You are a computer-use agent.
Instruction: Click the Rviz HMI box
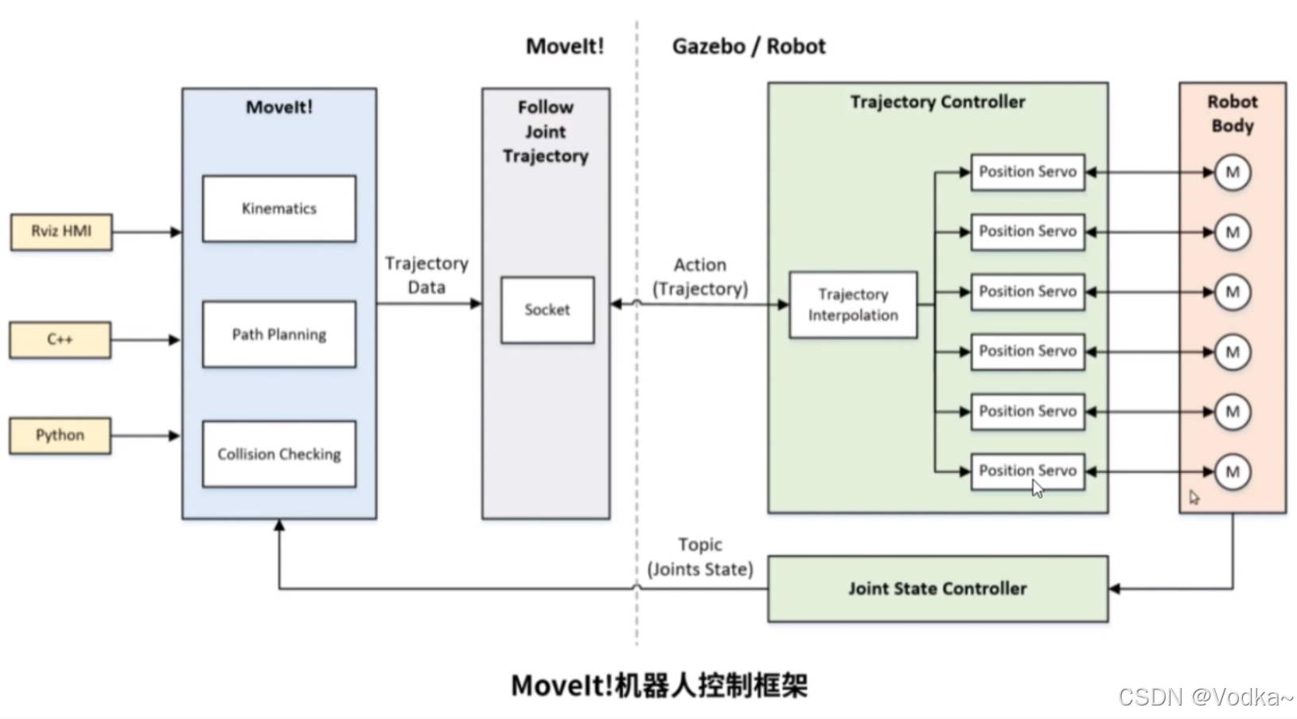pos(61,232)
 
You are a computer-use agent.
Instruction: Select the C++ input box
pos(60,340)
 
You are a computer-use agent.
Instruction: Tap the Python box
pos(60,436)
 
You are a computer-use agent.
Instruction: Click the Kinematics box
pos(279,209)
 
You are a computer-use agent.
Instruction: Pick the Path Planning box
pos(279,334)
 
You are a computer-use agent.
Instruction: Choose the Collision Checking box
pos(279,454)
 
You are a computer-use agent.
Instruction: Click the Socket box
pos(547,310)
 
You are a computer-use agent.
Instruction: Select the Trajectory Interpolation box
pos(853,305)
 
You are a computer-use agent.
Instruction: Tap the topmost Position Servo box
pos(1027,172)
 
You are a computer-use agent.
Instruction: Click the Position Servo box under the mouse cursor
pos(1027,471)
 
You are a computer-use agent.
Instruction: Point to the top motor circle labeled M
pos(1233,172)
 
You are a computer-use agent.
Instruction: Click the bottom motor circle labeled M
pos(1233,471)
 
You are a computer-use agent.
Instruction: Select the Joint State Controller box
pos(937,588)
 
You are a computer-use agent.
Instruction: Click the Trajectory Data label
pos(426,275)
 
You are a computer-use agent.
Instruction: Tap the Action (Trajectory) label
pos(700,276)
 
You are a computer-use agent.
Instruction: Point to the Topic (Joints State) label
pos(700,557)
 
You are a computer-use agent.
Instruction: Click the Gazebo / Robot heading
pos(749,46)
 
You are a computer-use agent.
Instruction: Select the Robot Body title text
pos(1233,113)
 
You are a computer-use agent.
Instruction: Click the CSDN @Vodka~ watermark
pos(1205,697)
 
